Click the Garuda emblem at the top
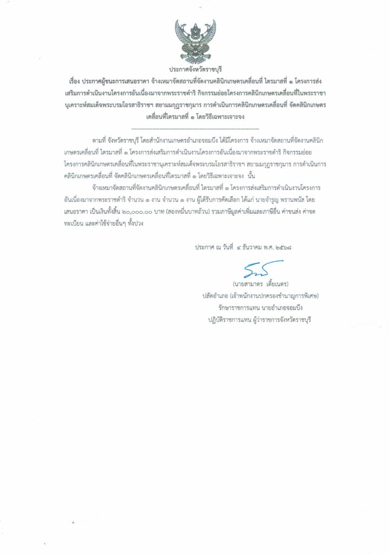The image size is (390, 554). pos(195,39)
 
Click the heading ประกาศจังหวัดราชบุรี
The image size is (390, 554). pos(195,70)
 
